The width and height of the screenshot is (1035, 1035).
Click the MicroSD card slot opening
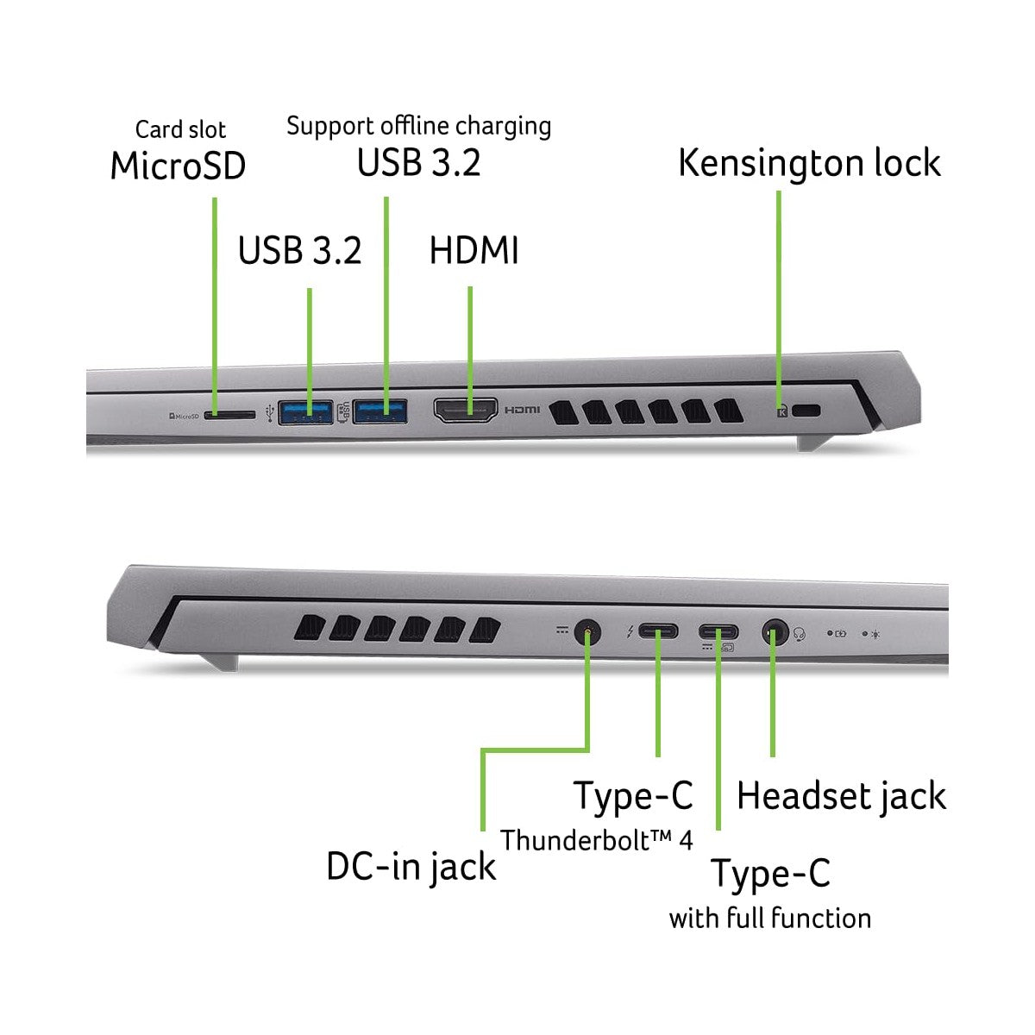229,415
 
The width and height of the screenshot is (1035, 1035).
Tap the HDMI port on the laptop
465,411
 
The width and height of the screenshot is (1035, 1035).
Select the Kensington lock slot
806,411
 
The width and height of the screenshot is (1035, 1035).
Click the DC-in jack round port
587,631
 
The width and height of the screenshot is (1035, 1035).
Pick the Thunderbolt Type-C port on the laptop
658,631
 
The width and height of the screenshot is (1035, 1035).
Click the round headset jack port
775,632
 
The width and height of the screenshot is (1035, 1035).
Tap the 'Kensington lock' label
809,163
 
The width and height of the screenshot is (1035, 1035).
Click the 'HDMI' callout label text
474,250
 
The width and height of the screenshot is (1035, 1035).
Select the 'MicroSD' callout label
178,166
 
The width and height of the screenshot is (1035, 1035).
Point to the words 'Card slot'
180,129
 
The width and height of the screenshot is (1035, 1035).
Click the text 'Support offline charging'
419,127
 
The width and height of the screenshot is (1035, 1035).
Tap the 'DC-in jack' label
411,867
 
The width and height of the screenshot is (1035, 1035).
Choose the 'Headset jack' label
841,797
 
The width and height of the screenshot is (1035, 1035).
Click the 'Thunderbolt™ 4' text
597,840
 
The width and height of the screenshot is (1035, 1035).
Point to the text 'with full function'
769,918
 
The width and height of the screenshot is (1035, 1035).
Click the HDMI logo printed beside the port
522,410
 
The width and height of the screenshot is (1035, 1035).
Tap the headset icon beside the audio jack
800,634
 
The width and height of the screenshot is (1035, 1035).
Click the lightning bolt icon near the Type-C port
630,631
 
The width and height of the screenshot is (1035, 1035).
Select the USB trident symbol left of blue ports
270,412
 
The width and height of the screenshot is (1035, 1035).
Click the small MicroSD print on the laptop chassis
184,416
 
